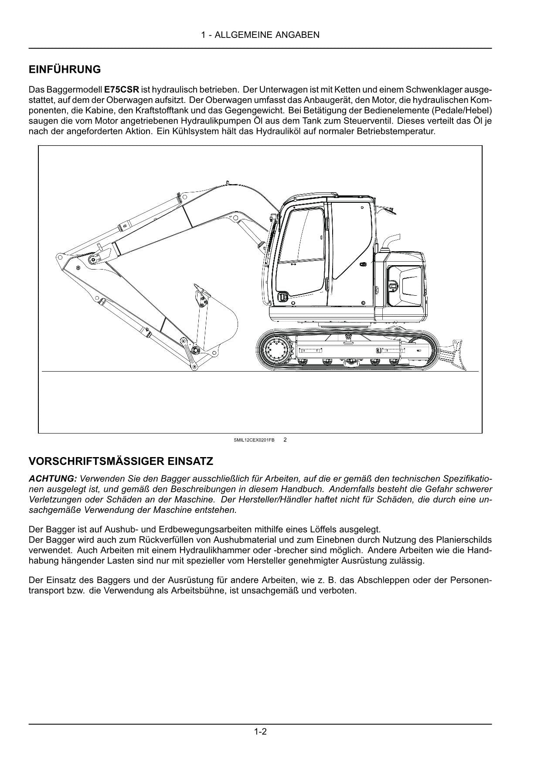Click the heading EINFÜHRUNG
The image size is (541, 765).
(x=65, y=69)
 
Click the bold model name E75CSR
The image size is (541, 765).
(x=122, y=90)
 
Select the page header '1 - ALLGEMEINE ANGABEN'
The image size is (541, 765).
(x=260, y=35)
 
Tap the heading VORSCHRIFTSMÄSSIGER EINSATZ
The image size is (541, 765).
(x=121, y=461)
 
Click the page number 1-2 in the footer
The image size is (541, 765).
(x=260, y=731)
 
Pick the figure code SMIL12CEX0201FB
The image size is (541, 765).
(x=254, y=440)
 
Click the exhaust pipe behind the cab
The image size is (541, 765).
(x=391, y=241)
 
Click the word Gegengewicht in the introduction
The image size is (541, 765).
(x=257, y=110)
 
